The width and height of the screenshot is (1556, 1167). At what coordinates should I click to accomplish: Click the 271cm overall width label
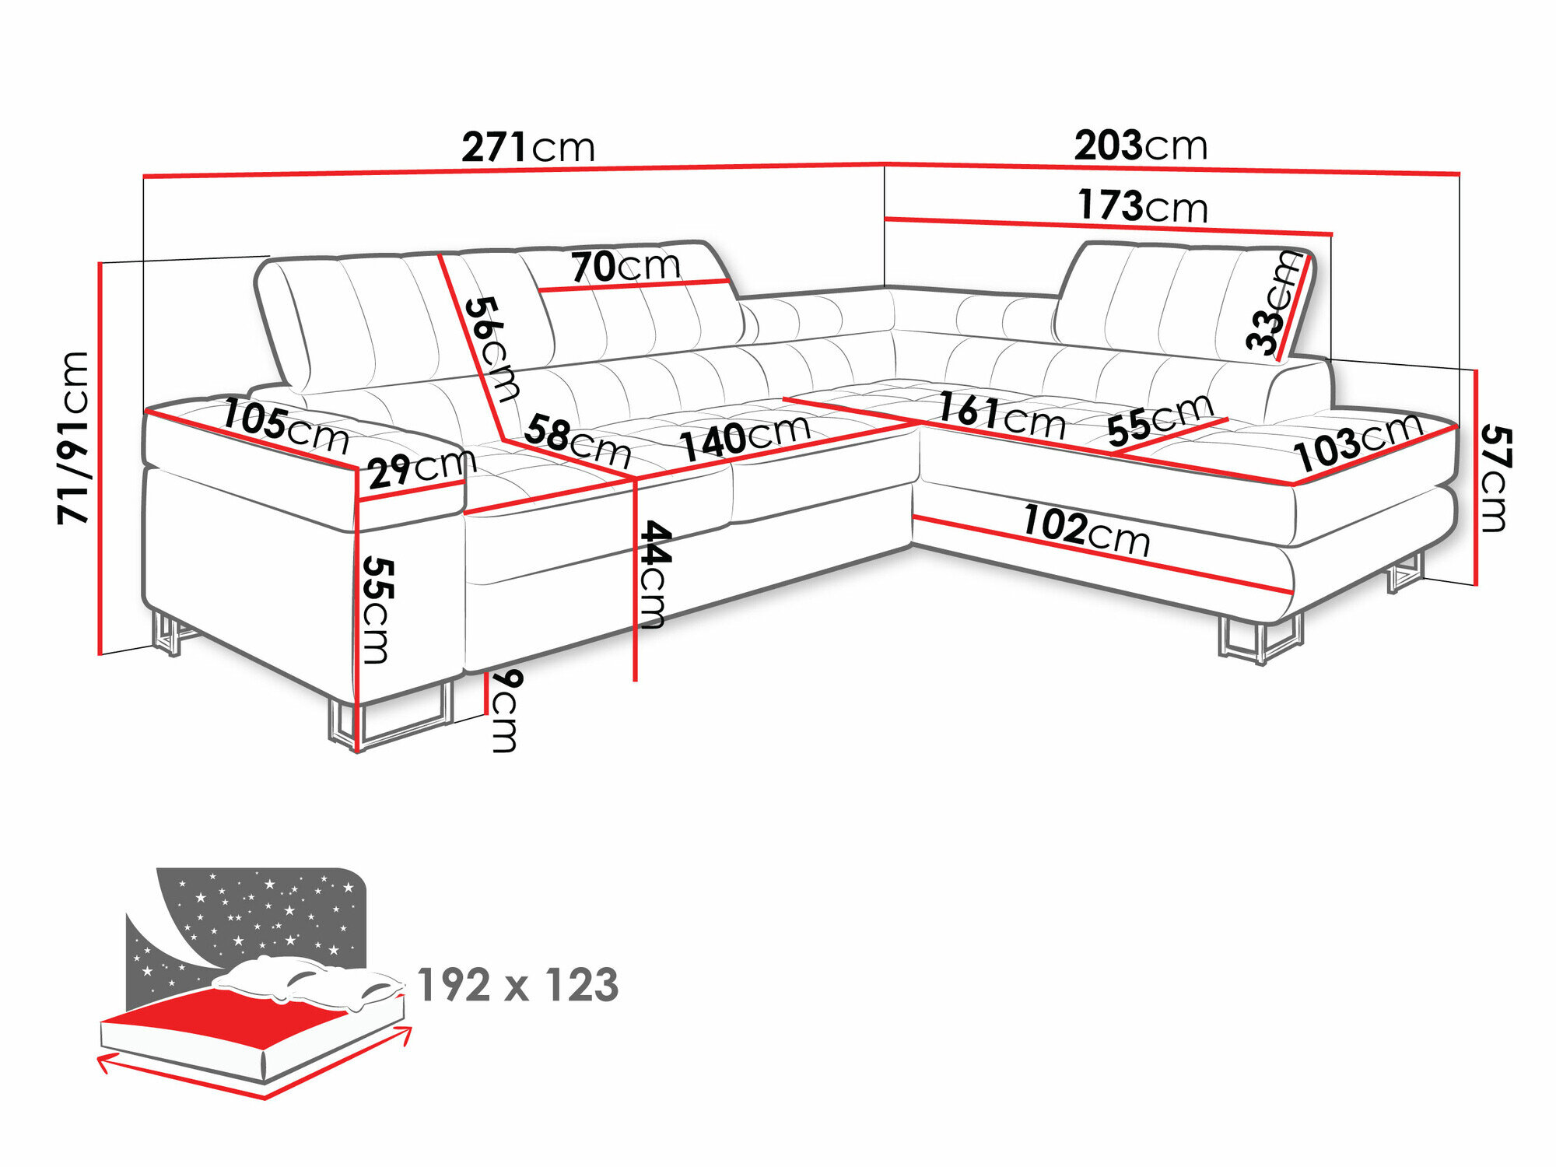click(528, 146)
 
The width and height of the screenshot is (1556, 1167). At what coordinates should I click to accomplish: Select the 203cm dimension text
click(1141, 145)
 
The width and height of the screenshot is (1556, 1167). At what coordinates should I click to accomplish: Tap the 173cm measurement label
click(1143, 205)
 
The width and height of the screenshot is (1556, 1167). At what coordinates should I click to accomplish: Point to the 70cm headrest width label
click(626, 266)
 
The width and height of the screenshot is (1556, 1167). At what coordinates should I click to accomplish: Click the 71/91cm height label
click(75, 437)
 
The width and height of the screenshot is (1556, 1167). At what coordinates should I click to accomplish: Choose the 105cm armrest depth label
click(286, 426)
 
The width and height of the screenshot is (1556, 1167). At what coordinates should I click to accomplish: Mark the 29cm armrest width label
click(421, 469)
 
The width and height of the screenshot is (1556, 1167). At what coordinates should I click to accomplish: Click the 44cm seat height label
click(654, 574)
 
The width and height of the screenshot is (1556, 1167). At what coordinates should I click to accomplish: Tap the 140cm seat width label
click(745, 436)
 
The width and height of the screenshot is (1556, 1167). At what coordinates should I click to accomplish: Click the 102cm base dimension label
click(1086, 530)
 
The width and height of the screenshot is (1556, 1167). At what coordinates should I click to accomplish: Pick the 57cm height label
click(1495, 478)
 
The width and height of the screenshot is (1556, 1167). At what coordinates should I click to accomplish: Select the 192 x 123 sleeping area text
click(517, 985)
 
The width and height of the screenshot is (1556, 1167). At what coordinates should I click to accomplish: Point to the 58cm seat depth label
click(576, 440)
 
